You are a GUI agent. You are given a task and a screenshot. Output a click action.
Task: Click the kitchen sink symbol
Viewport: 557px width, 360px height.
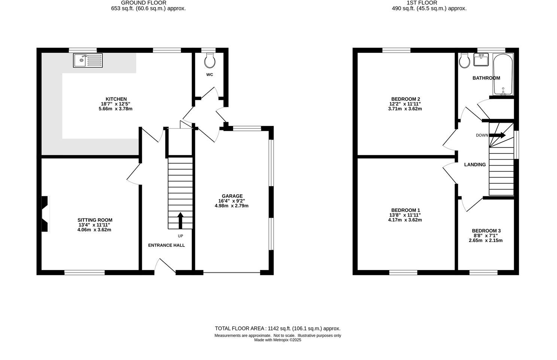(x=88, y=60)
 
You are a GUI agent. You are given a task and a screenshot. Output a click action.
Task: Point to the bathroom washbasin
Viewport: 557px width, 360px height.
(x=481, y=60)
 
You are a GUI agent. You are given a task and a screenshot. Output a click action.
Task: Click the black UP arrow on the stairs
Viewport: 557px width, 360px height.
(x=180, y=220)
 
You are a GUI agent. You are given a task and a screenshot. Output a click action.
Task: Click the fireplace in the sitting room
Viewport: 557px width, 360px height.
(x=45, y=214)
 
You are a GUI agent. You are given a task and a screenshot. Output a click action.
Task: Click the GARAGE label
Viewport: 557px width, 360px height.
(x=232, y=196)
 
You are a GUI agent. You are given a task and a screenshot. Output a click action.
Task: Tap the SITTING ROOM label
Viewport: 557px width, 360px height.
(x=95, y=220)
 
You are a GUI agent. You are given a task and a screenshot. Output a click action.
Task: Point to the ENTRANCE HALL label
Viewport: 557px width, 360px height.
(x=167, y=245)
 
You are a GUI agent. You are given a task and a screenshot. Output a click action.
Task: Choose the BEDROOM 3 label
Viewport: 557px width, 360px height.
(x=486, y=231)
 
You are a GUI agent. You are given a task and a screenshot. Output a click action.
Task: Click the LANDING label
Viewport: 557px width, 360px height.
(x=475, y=164)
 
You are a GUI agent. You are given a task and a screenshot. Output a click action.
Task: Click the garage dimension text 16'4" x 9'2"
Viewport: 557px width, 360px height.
(x=232, y=201)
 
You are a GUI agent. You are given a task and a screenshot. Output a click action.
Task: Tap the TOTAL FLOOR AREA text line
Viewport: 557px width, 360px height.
(x=277, y=328)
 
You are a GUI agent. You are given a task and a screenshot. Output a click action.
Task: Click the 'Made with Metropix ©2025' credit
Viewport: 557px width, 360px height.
(x=277, y=340)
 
